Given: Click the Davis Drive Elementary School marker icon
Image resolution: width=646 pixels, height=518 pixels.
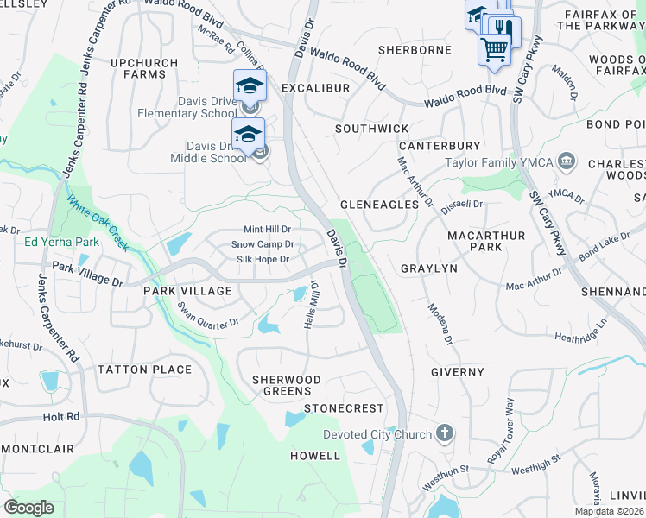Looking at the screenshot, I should [250, 87].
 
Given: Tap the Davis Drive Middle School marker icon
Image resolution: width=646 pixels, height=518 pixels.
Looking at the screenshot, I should [248, 136].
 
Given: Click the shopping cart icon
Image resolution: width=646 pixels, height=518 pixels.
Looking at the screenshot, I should [494, 49].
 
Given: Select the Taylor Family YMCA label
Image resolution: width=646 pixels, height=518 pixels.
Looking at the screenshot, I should [498, 161].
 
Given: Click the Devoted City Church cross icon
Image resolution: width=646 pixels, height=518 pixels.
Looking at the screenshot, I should [444, 433].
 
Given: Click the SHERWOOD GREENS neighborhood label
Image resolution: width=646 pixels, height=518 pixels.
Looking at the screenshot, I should [287, 385].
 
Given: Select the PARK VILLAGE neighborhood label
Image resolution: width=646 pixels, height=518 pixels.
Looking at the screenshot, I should [187, 291].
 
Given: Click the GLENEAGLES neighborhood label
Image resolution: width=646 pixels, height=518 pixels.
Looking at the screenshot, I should [380, 205].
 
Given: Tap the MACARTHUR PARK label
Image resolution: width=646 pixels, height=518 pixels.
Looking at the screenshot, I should [474, 241].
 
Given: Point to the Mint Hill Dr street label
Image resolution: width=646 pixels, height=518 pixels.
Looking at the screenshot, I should [267, 230].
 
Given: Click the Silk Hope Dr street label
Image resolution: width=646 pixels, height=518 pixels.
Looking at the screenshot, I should [259, 259].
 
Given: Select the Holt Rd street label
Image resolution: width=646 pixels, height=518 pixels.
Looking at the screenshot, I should [60, 416].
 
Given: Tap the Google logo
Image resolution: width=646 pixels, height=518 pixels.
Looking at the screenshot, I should [29, 507].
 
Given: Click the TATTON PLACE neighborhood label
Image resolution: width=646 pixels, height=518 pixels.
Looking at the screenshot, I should [144, 370].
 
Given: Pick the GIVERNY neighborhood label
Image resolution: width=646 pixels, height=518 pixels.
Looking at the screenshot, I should [458, 372].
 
